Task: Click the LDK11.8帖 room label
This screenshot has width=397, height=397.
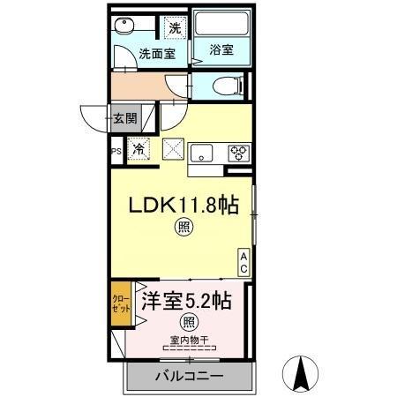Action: (x=184, y=206)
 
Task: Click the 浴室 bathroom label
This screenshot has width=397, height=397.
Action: (x=221, y=49)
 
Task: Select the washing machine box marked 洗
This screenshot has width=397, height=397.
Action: (x=176, y=28)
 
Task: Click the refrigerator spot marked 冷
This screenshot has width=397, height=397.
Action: (x=139, y=150)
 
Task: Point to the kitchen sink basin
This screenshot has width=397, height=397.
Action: (x=201, y=153)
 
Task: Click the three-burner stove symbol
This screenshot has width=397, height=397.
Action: (x=238, y=153)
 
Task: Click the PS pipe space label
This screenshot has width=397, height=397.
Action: (x=116, y=151)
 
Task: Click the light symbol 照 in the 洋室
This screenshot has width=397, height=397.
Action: (x=187, y=321)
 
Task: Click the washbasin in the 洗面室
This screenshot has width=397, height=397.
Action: (x=128, y=27)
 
